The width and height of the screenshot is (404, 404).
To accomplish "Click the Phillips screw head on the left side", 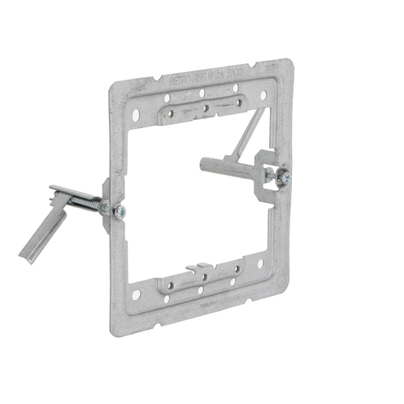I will pyautogui.click(x=119, y=211).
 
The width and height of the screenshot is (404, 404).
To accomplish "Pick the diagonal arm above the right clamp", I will pyautogui.click(x=250, y=133).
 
